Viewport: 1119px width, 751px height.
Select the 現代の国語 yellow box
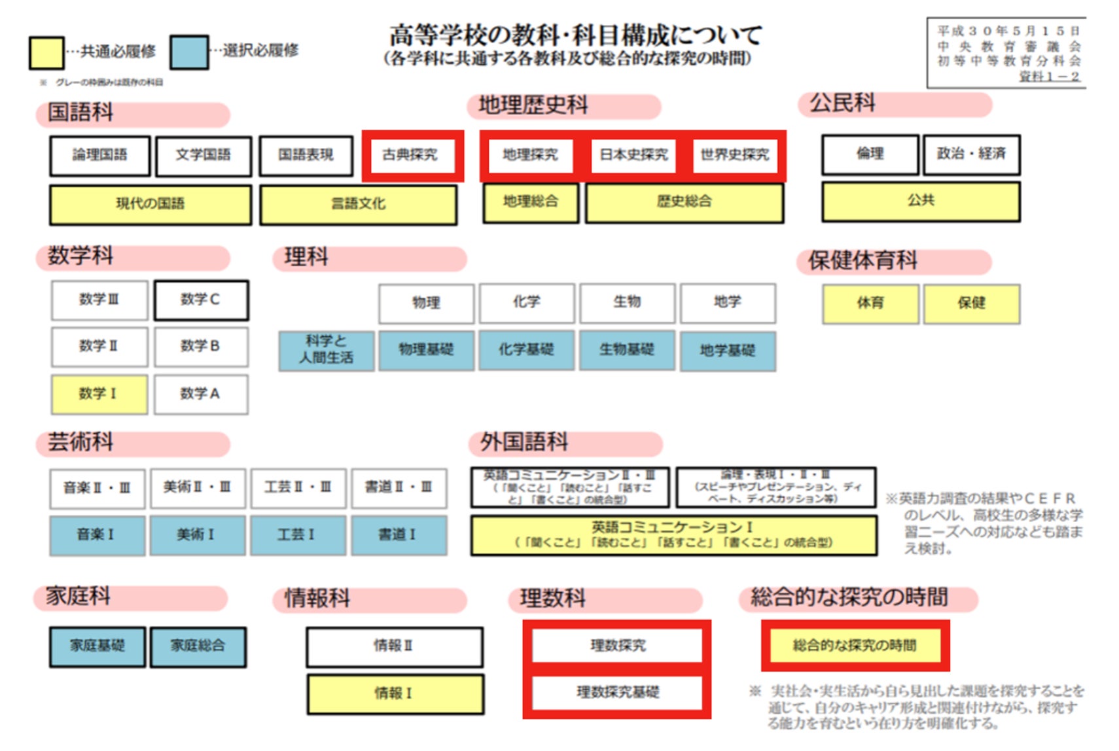click(151, 204)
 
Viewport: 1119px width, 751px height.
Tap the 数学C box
click(201, 300)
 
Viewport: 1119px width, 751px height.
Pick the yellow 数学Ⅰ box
click(99, 394)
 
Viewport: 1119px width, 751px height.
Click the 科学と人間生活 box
click(326, 350)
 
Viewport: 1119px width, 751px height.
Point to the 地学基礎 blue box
click(728, 351)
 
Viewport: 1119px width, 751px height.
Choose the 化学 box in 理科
click(527, 302)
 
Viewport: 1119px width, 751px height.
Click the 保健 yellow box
click(971, 303)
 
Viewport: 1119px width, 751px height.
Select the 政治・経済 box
click(971, 154)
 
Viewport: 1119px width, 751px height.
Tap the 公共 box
click(921, 201)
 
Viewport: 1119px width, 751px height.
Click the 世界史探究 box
click(736, 155)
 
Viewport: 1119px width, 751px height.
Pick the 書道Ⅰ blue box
click(399, 534)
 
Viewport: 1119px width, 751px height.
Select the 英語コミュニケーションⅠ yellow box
click(673, 534)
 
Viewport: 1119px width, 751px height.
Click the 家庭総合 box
click(198, 646)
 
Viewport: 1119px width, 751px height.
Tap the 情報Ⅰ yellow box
click(395, 693)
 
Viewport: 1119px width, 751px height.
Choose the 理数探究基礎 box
click(617, 693)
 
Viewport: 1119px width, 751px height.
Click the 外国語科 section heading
click(525, 442)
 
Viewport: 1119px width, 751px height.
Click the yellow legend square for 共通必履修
click(46, 52)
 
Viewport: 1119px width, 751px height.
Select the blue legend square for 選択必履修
click(189, 52)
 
